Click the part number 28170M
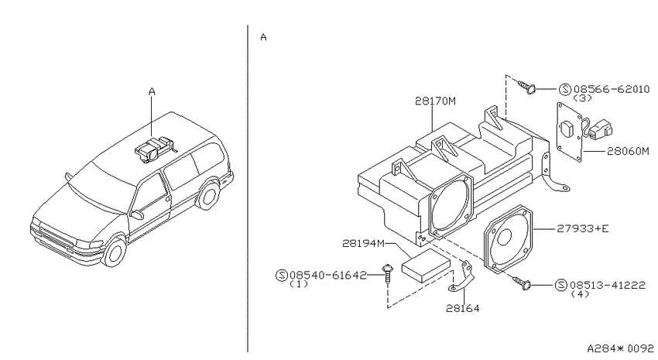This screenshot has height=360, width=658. pyautogui.click(x=435, y=101)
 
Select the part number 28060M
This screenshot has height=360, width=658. pyautogui.click(x=628, y=151)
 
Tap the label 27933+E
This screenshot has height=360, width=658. pyautogui.click(x=582, y=228)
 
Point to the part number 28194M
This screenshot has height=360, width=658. pyautogui.click(x=363, y=243)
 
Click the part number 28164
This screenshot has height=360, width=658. pyautogui.click(x=462, y=308)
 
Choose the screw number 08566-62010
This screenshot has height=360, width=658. pyautogui.click(x=612, y=89)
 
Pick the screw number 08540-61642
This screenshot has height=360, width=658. pyautogui.click(x=328, y=276)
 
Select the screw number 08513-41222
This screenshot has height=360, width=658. pyautogui.click(x=608, y=286)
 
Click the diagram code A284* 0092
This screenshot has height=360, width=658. pyautogui.click(x=620, y=348)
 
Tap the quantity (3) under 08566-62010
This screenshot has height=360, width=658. pyautogui.click(x=582, y=98)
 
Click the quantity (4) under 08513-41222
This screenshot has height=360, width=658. pyautogui.click(x=580, y=293)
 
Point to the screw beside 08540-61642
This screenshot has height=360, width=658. pyautogui.click(x=388, y=274)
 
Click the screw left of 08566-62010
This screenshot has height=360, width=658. pyautogui.click(x=526, y=87)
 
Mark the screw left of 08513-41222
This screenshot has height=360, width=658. pyautogui.click(x=522, y=283)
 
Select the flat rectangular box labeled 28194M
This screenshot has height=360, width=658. pyautogui.click(x=426, y=266)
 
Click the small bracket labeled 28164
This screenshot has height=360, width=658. pyautogui.click(x=461, y=277)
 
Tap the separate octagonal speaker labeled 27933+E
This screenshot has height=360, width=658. pyautogui.click(x=509, y=239)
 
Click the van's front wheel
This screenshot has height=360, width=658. pyautogui.click(x=114, y=252)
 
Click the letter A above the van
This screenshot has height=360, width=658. pyautogui.click(x=152, y=91)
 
